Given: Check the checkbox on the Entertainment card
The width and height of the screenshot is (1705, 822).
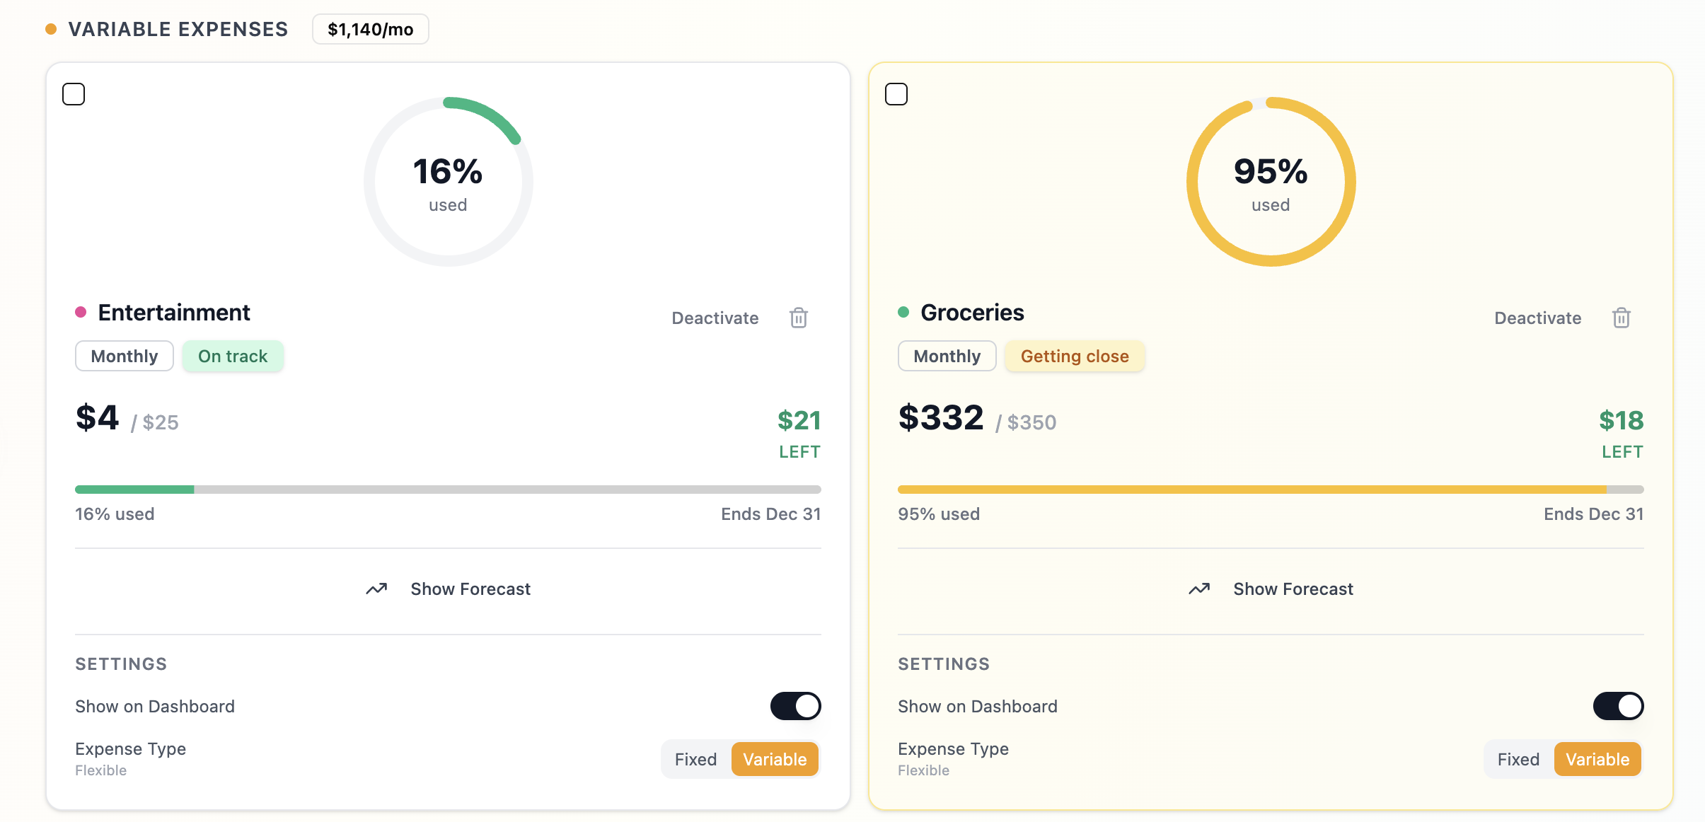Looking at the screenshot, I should pos(74,94).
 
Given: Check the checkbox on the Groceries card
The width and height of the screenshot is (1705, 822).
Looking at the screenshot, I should pos(896,94).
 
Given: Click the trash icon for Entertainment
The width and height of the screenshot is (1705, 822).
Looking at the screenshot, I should pos(799,318).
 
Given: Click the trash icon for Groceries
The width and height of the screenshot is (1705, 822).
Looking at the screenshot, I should pos(1622,318).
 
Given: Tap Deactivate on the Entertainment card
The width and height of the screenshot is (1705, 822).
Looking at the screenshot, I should pos(715,318).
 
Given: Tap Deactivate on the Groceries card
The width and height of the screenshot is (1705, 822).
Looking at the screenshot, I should pos(1537,318).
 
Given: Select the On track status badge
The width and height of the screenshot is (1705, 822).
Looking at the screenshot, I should pos(233,356).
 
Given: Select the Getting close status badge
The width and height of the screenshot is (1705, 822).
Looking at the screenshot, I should pos(1074,356).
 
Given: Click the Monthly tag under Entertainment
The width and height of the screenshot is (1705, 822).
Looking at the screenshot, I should pos(125,356).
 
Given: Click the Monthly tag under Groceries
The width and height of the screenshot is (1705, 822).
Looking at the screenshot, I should pos(947,356).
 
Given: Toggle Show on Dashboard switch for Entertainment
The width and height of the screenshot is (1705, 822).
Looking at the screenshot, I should pos(795,706).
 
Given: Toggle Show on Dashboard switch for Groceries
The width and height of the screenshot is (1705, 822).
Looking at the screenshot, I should pos(1618,706).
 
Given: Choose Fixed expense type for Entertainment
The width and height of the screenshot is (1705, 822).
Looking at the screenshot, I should pos(695,759).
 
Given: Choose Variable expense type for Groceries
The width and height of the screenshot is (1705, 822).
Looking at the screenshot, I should pos(1597,759).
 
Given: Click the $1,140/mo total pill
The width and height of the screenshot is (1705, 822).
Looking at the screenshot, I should pos(370,30).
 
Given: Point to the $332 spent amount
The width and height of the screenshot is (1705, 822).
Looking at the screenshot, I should pos(941,417).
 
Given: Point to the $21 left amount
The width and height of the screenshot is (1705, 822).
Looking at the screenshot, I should pos(799,421).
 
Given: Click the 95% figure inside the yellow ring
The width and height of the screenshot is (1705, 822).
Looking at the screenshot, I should pos(1271,171).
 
